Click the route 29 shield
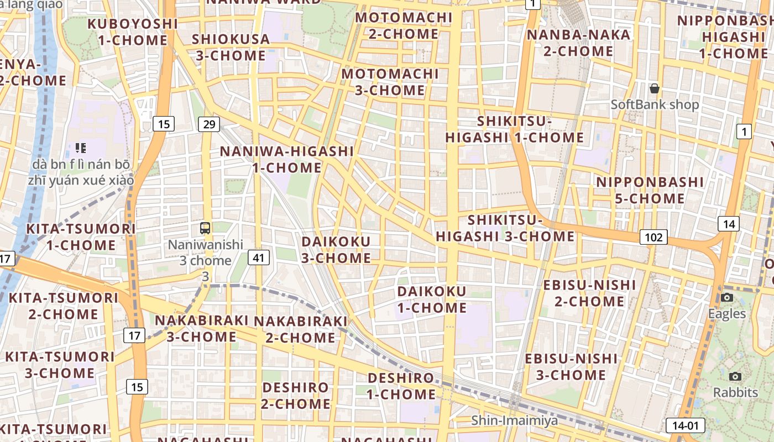pos(208,124)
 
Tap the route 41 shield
pos(259,257)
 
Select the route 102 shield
pos(653,237)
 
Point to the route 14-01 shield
pos(686,425)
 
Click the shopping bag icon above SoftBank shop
pos(655,88)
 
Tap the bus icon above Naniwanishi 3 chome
pos(205,228)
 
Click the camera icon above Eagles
pos(727,298)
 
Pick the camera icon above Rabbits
pos(735,377)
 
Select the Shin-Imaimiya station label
pos(514,420)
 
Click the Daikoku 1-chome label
pos(432,299)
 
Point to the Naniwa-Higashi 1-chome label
pos(287,159)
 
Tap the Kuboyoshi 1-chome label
pos(133,32)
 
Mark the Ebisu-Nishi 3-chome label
pos(571,367)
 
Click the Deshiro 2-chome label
pos(295,396)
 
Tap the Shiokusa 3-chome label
pos(231,48)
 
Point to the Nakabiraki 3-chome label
pos(202,328)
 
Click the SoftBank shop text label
pos(655,104)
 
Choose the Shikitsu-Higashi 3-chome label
pos(505,228)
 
